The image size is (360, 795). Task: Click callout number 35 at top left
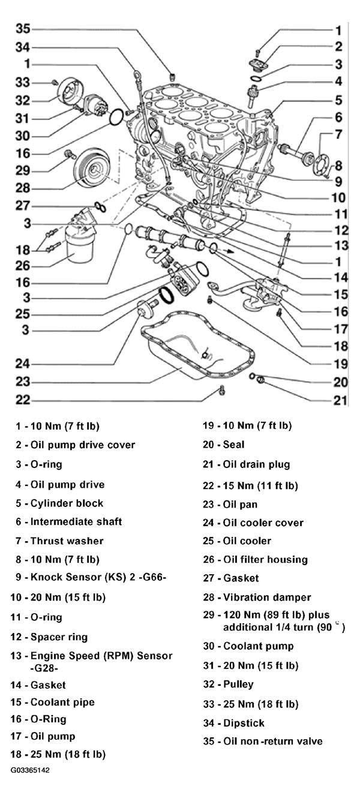[23, 28]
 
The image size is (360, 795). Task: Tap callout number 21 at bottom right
[340, 400]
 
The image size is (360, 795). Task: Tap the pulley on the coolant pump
[70, 94]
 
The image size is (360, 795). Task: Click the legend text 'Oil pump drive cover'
[83, 445]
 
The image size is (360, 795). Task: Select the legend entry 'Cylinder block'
[67, 503]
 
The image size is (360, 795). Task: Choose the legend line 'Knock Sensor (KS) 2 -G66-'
[98, 577]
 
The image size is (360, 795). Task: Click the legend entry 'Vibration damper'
[267, 597]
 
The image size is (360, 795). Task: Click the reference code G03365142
[30, 770]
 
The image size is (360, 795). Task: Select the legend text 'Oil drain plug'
[256, 464]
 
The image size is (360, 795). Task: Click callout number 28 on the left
[23, 188]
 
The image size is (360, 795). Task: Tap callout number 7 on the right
[338, 134]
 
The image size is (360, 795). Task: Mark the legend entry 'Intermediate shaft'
[76, 521]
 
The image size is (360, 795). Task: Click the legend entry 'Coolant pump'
[258, 646]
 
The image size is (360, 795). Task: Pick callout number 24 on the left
[23, 364]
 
